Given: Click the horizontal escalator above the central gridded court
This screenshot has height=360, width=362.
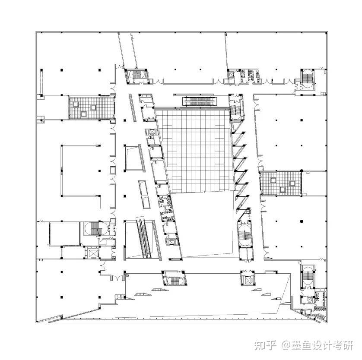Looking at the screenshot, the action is (200, 101).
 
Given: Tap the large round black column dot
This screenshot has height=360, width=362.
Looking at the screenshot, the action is (302, 221).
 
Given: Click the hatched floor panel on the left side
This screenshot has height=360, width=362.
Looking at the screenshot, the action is (91, 107).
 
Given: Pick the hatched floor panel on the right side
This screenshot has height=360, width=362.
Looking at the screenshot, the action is (281, 183).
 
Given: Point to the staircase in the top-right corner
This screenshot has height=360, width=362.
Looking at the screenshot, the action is (307, 78).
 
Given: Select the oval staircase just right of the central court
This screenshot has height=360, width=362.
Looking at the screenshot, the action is (244, 233).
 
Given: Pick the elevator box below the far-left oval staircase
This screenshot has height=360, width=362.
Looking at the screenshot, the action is (92, 253).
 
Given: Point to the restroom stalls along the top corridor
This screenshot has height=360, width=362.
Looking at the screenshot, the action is (251, 75).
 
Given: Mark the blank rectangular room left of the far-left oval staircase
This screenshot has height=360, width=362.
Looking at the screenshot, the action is (64, 234).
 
